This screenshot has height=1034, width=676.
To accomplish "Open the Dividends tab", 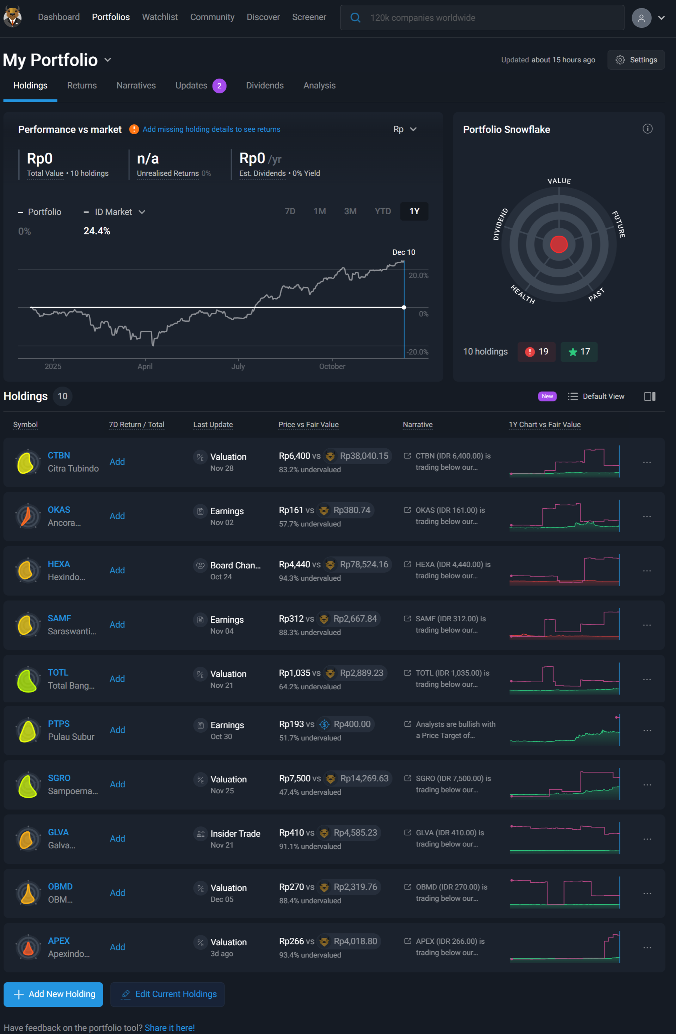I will [265, 86].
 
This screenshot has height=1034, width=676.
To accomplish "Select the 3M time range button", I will [350, 211].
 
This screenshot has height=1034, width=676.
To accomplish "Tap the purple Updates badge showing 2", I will [219, 86].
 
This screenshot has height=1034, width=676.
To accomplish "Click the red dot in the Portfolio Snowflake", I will [559, 244].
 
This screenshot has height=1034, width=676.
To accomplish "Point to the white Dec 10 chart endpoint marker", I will [404, 307].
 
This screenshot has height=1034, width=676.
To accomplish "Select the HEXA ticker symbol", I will [59, 564].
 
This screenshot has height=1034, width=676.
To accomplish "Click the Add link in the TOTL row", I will [117, 679].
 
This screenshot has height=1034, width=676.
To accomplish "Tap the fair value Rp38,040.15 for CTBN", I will [364, 456].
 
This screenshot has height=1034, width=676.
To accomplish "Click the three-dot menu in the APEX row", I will [647, 948].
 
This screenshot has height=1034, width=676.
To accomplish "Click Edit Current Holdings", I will [168, 994].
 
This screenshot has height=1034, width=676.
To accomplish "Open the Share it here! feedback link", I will [170, 1028].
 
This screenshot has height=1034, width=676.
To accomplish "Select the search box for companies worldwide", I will [482, 18].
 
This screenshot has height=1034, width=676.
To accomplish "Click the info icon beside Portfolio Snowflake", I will [647, 129].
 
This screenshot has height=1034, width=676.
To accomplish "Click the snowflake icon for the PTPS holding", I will [28, 730].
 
